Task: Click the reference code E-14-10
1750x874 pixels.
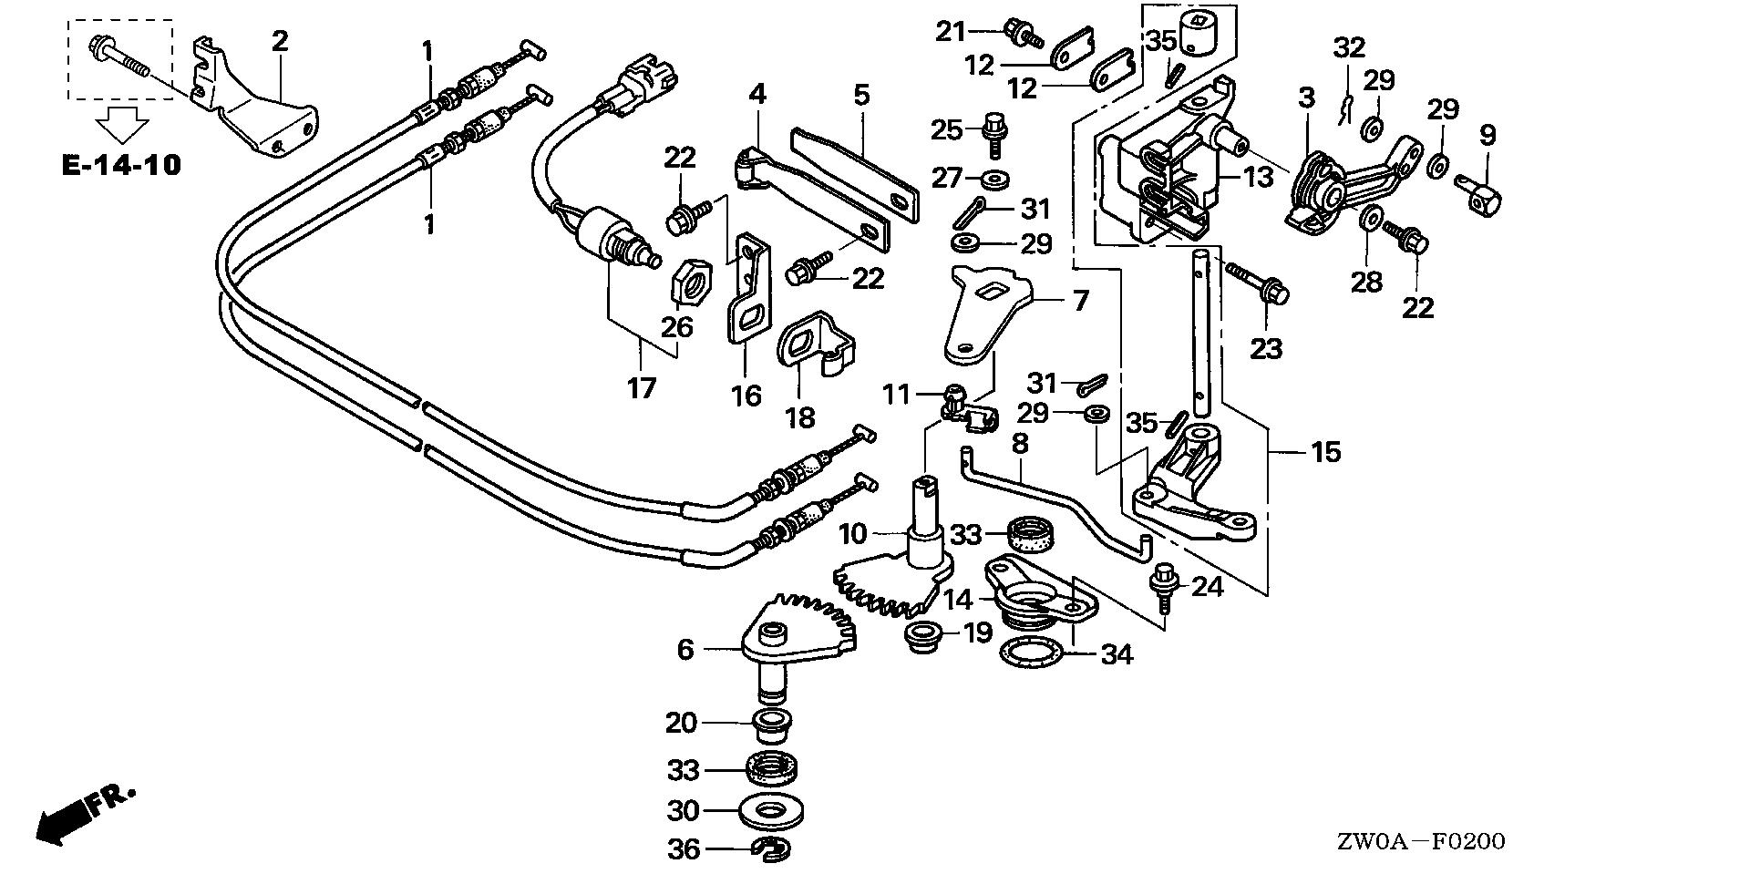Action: (121, 166)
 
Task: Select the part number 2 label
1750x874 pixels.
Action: (279, 40)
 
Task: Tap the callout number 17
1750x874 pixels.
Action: (641, 388)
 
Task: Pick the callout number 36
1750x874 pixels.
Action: (684, 849)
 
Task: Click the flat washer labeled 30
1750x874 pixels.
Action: (773, 810)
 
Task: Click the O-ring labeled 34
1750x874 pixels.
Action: (1032, 653)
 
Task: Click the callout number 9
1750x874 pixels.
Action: (1487, 137)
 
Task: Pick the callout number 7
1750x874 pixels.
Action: (1080, 300)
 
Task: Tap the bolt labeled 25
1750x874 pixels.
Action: (993, 133)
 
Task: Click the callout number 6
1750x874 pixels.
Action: (685, 649)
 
